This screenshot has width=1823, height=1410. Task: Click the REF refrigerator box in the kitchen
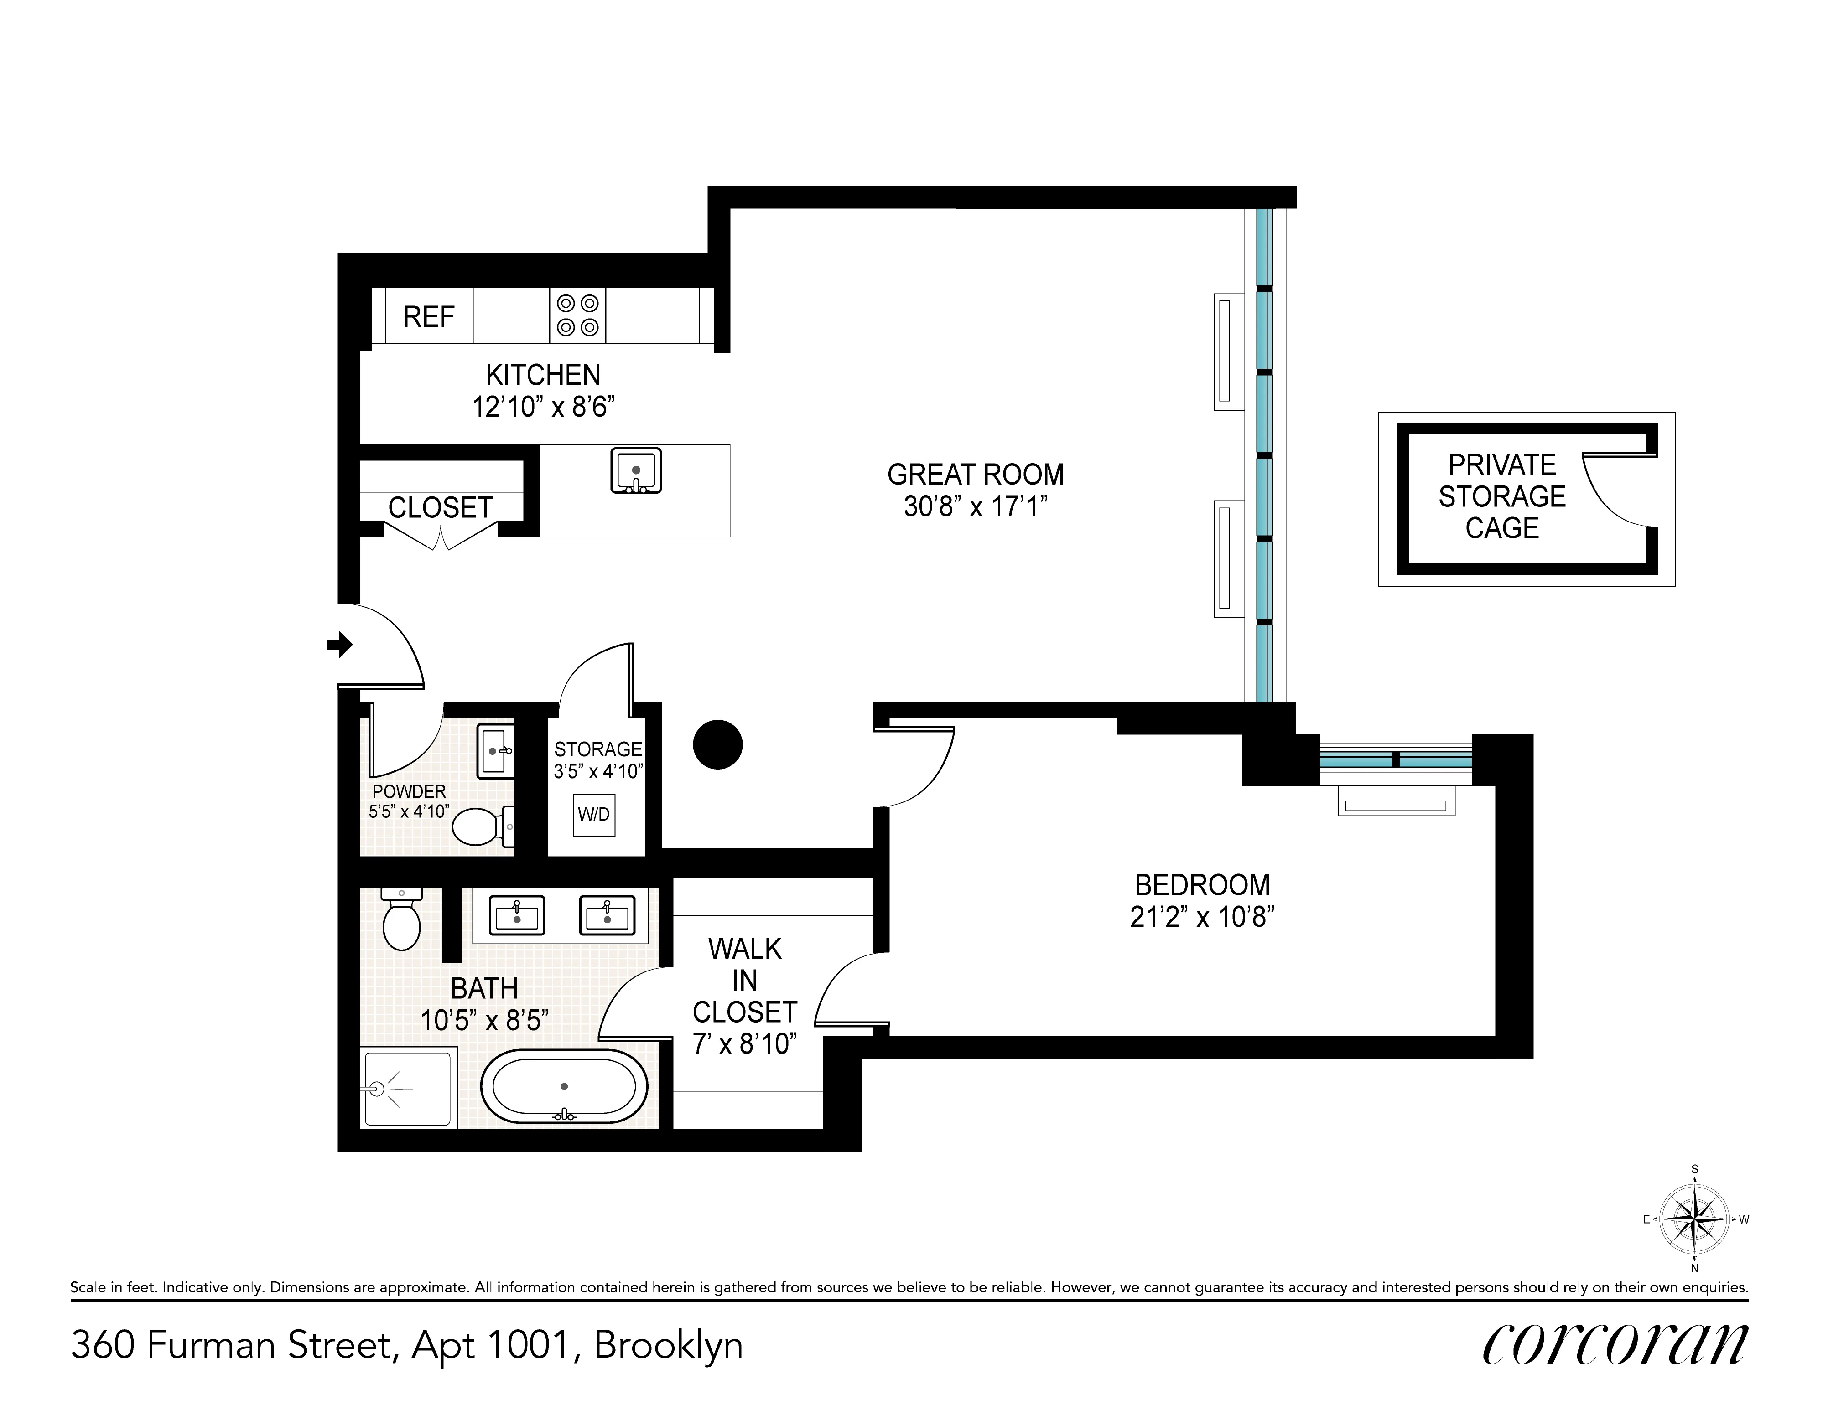click(428, 316)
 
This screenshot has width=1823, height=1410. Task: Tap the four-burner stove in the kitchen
click(577, 315)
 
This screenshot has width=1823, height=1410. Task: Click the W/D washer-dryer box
click(593, 814)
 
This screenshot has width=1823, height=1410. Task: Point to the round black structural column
click(718, 744)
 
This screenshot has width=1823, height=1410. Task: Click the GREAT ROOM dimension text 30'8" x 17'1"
click(975, 506)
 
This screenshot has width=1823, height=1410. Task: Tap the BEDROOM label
click(1202, 884)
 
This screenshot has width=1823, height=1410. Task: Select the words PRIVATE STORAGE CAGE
click(1501, 496)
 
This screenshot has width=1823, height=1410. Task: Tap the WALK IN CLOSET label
click(744, 980)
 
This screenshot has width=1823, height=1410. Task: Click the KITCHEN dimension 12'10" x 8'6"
click(543, 407)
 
